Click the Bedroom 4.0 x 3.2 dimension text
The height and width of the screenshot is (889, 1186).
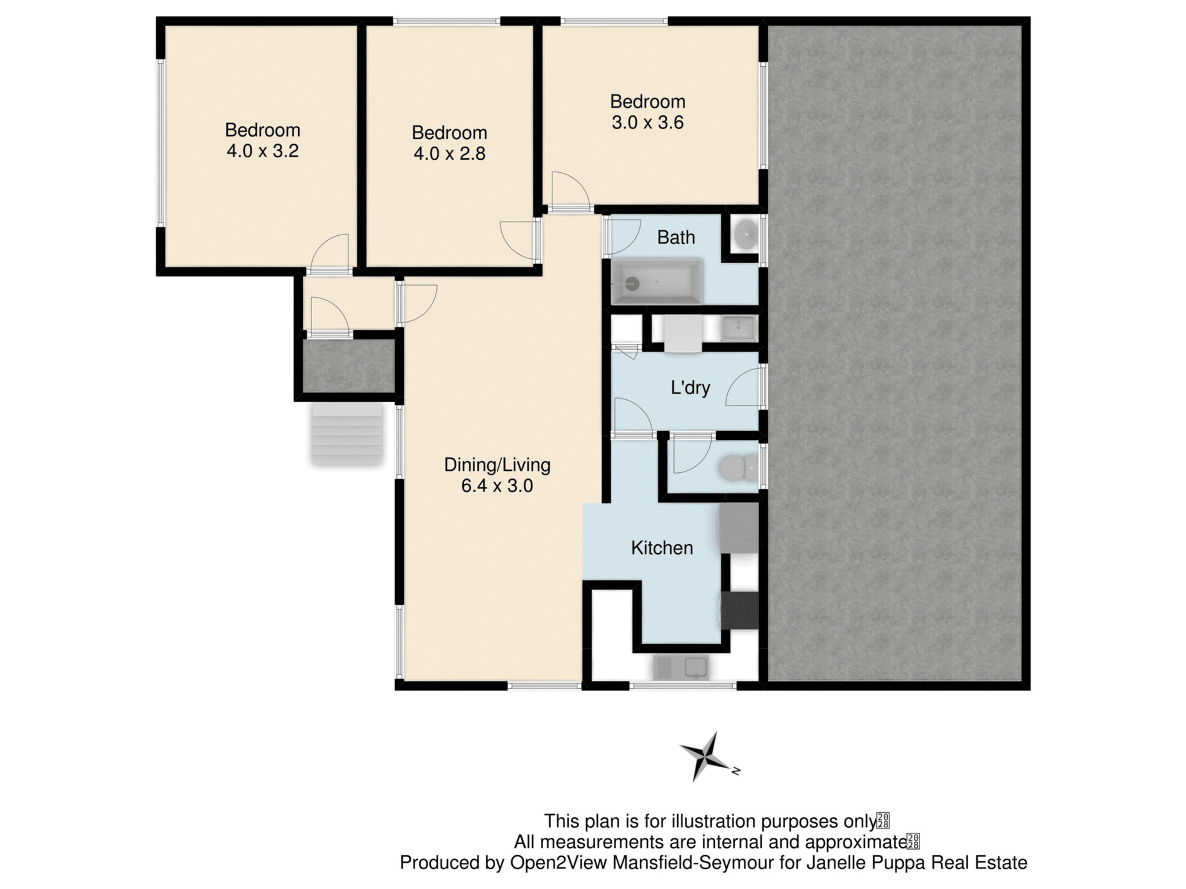262,151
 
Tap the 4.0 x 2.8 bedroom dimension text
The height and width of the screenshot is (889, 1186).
449,153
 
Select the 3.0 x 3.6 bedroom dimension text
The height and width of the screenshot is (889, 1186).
647,123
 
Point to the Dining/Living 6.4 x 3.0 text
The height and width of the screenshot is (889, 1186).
497,475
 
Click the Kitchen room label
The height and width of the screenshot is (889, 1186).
662,548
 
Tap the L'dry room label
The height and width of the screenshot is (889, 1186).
690,388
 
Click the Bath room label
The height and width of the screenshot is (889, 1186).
675,238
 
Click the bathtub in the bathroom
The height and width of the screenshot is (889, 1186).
657,283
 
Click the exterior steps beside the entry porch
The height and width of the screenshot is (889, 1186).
346,434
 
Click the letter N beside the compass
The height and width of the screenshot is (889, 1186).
736,771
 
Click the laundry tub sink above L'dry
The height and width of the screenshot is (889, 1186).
738,328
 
